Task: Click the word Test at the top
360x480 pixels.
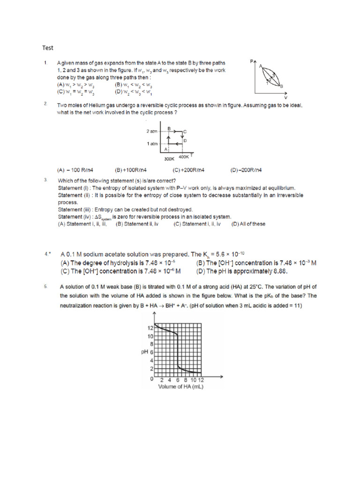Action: [48, 47]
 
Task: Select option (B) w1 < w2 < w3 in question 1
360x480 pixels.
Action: [133, 85]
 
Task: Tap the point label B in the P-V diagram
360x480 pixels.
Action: [281, 86]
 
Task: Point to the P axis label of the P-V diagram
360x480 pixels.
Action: [252, 61]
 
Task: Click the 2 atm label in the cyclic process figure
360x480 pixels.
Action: [150, 132]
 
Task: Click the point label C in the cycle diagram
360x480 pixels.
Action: [185, 132]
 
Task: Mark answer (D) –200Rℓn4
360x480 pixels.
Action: [246, 170]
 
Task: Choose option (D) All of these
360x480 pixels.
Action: [248, 224]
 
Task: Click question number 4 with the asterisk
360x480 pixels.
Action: [47, 254]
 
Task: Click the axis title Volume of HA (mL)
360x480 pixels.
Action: [180, 387]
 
